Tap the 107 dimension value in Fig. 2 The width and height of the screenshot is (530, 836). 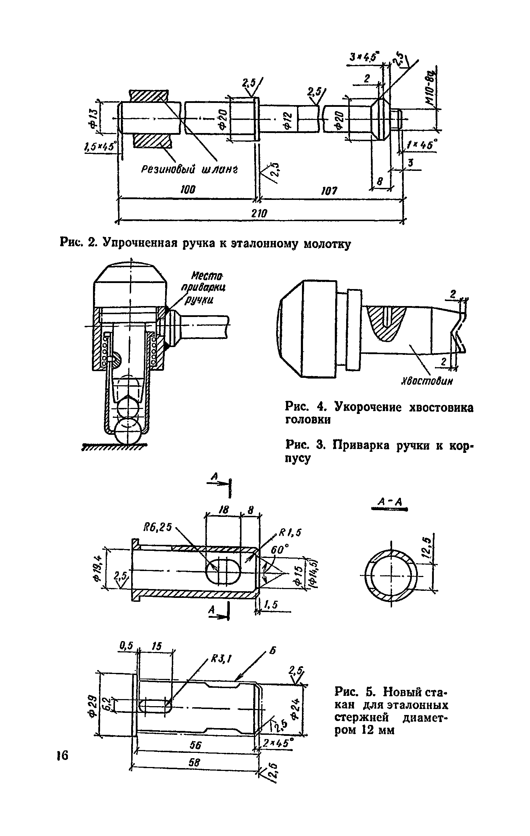pyautogui.click(x=329, y=191)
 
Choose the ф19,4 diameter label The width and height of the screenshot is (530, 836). pyautogui.click(x=98, y=569)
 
